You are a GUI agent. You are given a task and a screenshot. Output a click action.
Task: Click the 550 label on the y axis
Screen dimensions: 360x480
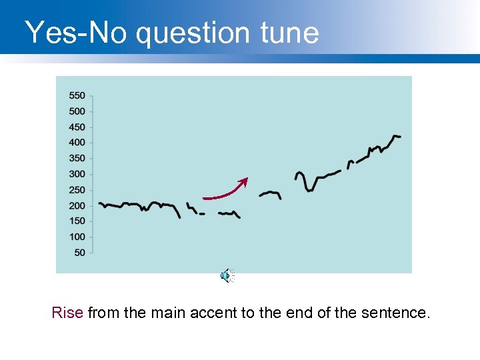coord(77,96)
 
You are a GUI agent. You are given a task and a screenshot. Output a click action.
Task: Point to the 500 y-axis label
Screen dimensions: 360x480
coord(77,111)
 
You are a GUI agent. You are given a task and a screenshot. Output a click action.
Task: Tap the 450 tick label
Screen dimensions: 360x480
coord(77,127)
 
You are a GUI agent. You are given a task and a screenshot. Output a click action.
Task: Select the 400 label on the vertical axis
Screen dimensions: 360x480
coord(77,143)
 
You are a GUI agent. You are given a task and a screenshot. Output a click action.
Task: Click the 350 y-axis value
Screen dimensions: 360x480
coord(77,159)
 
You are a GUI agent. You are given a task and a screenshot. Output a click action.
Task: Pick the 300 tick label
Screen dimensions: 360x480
coord(77,174)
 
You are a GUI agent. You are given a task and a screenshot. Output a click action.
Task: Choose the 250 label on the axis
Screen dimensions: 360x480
coord(77,190)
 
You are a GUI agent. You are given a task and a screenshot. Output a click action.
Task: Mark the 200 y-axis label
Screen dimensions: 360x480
coord(77,205)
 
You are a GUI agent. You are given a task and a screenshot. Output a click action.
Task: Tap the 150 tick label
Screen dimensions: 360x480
coord(77,221)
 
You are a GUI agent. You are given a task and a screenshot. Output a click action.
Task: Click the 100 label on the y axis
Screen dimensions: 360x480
coord(77,237)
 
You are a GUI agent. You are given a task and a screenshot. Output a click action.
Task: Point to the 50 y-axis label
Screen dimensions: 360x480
coord(79,252)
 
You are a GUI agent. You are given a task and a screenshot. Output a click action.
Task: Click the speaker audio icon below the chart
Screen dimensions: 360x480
coord(227,275)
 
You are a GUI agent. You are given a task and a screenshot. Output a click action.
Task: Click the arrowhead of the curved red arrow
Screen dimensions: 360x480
coord(245,180)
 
